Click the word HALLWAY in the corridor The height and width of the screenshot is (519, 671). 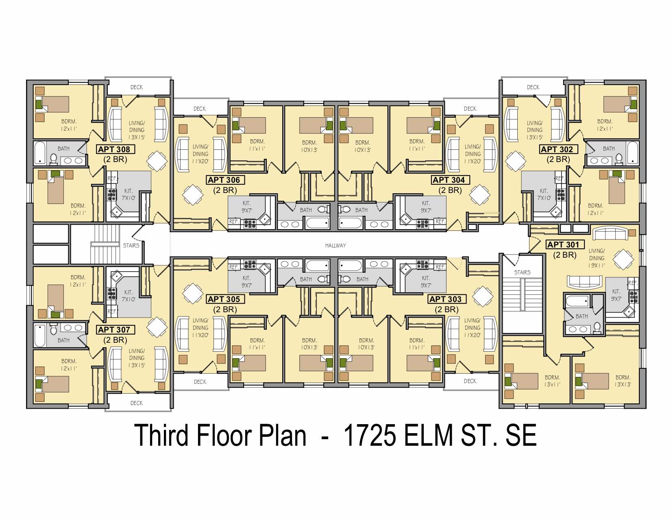click(x=335, y=245)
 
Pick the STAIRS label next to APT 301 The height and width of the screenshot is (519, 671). click(x=522, y=272)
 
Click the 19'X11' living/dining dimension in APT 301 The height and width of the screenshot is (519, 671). click(x=597, y=265)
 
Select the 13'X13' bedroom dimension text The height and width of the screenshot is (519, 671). click(x=623, y=385)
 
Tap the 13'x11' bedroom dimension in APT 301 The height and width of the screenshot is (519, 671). click(x=552, y=385)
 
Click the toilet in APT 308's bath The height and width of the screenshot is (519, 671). click(x=54, y=159)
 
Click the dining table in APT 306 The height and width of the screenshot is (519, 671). click(x=193, y=195)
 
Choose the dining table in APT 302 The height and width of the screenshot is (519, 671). click(x=515, y=161)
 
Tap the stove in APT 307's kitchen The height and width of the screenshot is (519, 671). click(x=111, y=293)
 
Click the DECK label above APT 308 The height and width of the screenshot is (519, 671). click(x=137, y=87)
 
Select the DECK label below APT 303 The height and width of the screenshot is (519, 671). click(x=470, y=381)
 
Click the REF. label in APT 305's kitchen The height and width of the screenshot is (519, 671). click(x=233, y=267)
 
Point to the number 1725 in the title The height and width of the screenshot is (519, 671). click(x=370, y=435)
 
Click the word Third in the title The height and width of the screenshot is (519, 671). click(x=161, y=435)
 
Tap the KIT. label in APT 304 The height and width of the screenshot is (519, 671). click(x=426, y=204)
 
